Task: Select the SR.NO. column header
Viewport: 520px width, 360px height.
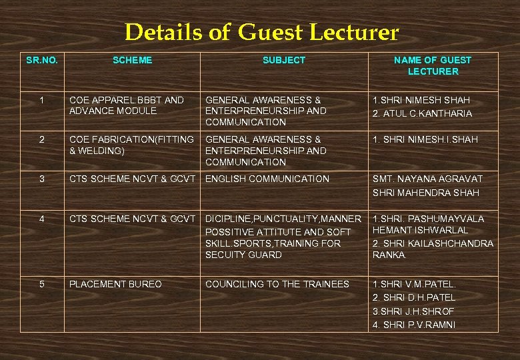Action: (42, 60)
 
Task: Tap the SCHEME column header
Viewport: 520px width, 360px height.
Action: (132, 60)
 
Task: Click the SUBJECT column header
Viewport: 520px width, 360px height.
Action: (284, 60)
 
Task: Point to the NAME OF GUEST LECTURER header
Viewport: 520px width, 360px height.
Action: (433, 65)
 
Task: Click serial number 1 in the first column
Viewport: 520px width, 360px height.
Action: (42, 100)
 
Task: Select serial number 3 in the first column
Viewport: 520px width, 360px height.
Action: (42, 179)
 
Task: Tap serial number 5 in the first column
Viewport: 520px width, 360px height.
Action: (42, 284)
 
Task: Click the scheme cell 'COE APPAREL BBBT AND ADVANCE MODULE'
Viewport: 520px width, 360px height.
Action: (127, 105)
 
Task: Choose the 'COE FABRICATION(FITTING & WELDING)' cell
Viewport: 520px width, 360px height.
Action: (131, 145)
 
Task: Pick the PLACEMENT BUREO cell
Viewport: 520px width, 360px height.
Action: (115, 284)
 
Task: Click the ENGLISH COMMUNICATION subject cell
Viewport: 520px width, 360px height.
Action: (267, 179)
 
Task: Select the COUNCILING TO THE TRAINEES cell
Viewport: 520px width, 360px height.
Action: (277, 284)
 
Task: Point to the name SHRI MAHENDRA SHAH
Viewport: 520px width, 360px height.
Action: (426, 193)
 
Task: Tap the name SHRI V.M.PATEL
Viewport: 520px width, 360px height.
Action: (414, 284)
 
